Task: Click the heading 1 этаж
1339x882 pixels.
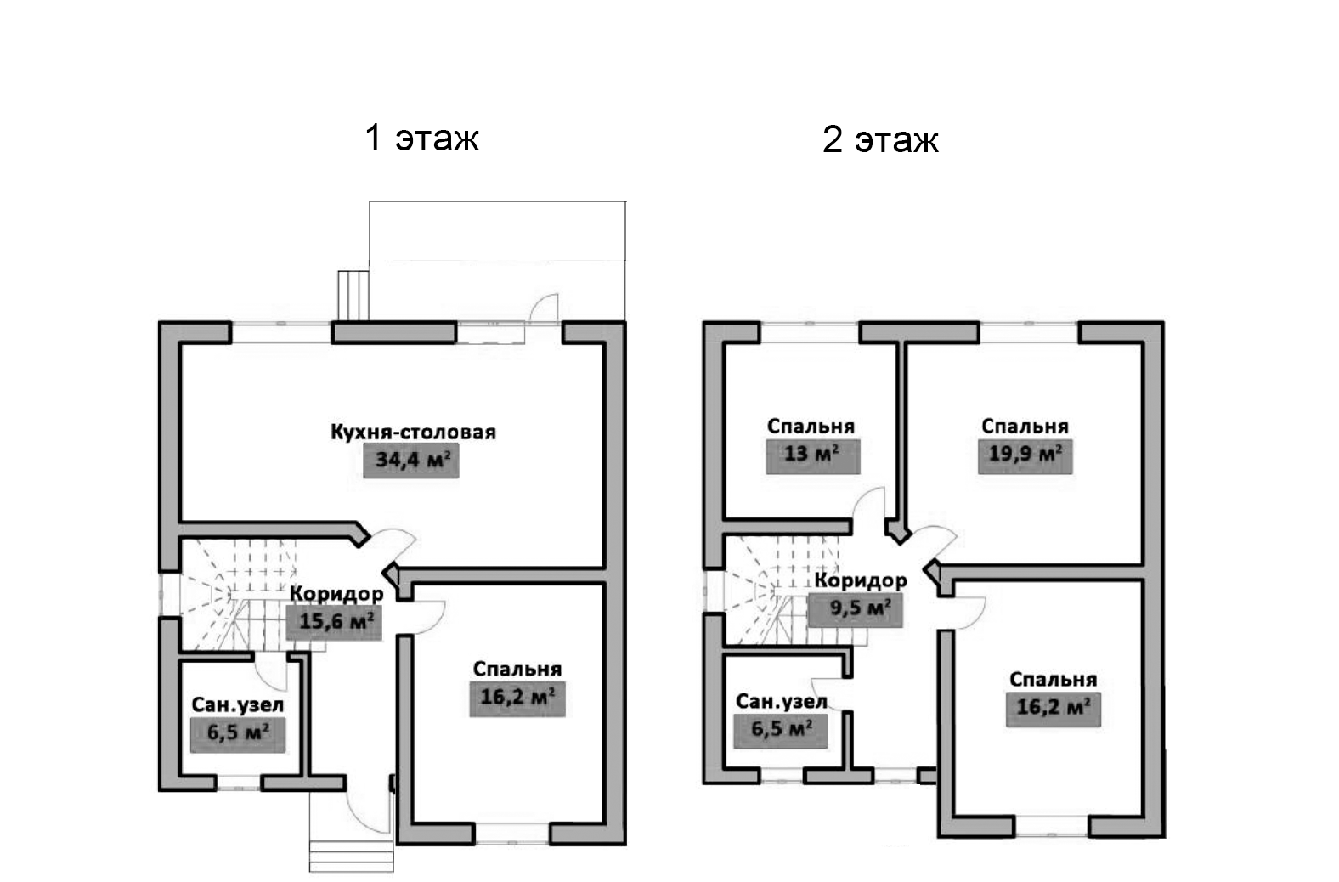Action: click(x=421, y=138)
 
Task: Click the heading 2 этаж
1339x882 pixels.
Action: click(x=880, y=140)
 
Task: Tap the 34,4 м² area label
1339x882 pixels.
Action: click(x=411, y=461)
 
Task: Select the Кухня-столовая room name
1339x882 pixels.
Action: click(x=413, y=433)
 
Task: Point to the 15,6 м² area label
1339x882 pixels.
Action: click(x=335, y=622)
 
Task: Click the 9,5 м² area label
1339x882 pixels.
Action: click(x=859, y=608)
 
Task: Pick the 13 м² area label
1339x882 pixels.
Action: click(x=812, y=454)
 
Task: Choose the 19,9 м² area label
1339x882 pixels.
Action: click(x=1025, y=454)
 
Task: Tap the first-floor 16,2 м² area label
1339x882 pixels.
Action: click(x=517, y=698)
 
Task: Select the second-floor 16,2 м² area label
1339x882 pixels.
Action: click(x=1053, y=707)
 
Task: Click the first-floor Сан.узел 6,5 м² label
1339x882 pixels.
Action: click(x=237, y=732)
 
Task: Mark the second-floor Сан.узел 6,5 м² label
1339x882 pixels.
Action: click(x=781, y=728)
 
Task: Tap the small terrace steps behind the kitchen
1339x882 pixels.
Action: click(x=353, y=295)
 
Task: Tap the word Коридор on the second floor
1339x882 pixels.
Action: click(x=861, y=580)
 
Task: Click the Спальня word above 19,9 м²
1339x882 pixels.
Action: click(x=1025, y=427)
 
